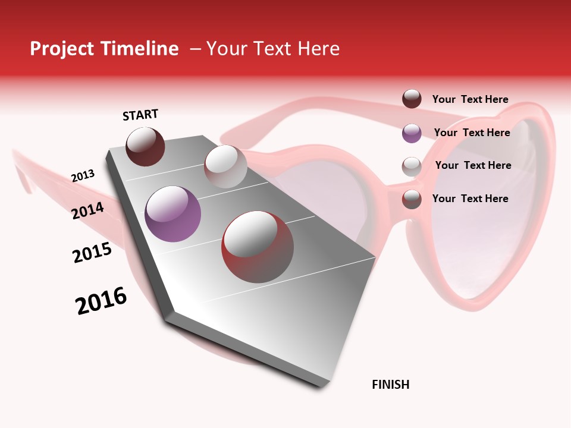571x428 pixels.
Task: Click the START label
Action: click(140, 115)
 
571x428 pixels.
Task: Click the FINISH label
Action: click(390, 385)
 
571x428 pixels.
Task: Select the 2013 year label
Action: click(83, 176)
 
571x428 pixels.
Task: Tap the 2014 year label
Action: click(87, 210)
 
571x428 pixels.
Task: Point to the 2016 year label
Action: click(101, 301)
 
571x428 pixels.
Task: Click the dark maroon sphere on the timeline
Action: click(145, 147)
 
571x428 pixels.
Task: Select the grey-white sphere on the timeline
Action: click(225, 166)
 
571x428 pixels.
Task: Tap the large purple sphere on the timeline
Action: click(172, 214)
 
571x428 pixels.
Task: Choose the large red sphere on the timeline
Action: click(258, 247)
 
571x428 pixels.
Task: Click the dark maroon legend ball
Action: click(412, 99)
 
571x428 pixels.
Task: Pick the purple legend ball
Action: click(412, 133)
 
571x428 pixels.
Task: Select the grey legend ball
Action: click(412, 166)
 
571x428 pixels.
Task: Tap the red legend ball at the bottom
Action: click(412, 199)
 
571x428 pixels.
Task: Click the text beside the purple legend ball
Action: click(472, 133)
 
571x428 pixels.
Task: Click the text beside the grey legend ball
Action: click(473, 165)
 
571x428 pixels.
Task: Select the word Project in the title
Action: click(62, 49)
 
